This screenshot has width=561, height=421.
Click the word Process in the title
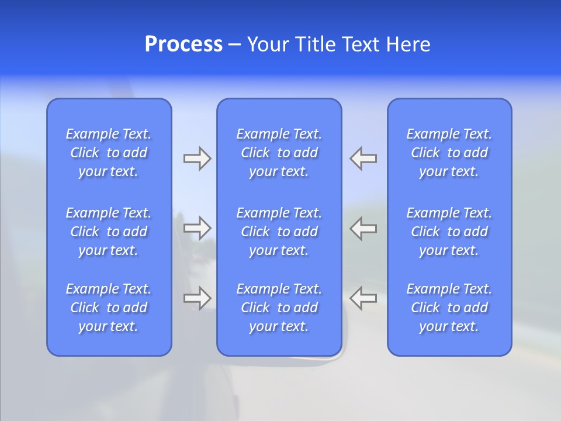[183, 44]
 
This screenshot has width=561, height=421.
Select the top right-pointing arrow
[197, 158]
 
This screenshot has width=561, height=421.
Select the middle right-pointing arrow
[197, 227]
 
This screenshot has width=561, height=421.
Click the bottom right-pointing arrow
[197, 298]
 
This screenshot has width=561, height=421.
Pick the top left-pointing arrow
[363, 158]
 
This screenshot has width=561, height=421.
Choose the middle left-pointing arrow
[363, 227]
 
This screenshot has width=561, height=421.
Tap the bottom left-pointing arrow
[363, 298]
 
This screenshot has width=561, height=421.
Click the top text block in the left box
[109, 153]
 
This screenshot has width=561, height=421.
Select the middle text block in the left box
[109, 232]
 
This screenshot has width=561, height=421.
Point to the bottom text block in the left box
[109, 308]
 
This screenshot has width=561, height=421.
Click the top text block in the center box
[279, 153]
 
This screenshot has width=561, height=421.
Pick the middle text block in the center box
[279, 232]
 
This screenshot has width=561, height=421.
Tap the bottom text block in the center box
[279, 308]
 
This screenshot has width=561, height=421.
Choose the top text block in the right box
[449, 153]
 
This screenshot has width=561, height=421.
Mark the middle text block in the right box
[449, 232]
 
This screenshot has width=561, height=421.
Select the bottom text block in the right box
[449, 308]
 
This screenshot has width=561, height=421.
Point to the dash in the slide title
[234, 45]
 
